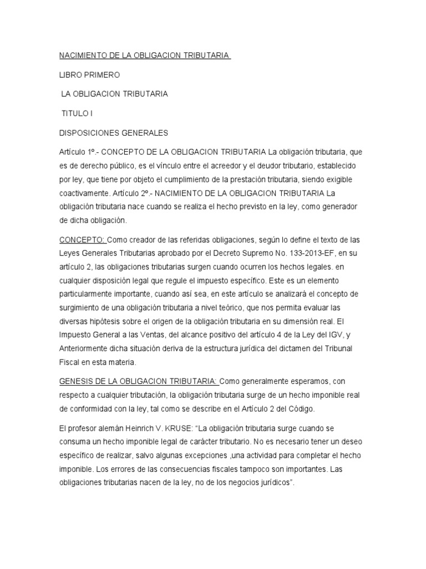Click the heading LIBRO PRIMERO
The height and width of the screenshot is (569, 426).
click(x=89, y=74)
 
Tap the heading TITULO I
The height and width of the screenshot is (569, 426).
click(x=77, y=113)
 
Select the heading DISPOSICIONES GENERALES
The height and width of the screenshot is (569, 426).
click(x=113, y=133)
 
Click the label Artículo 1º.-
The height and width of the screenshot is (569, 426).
click(x=78, y=152)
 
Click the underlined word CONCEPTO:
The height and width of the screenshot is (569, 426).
click(x=82, y=240)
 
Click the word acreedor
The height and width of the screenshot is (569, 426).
click(x=245, y=166)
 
